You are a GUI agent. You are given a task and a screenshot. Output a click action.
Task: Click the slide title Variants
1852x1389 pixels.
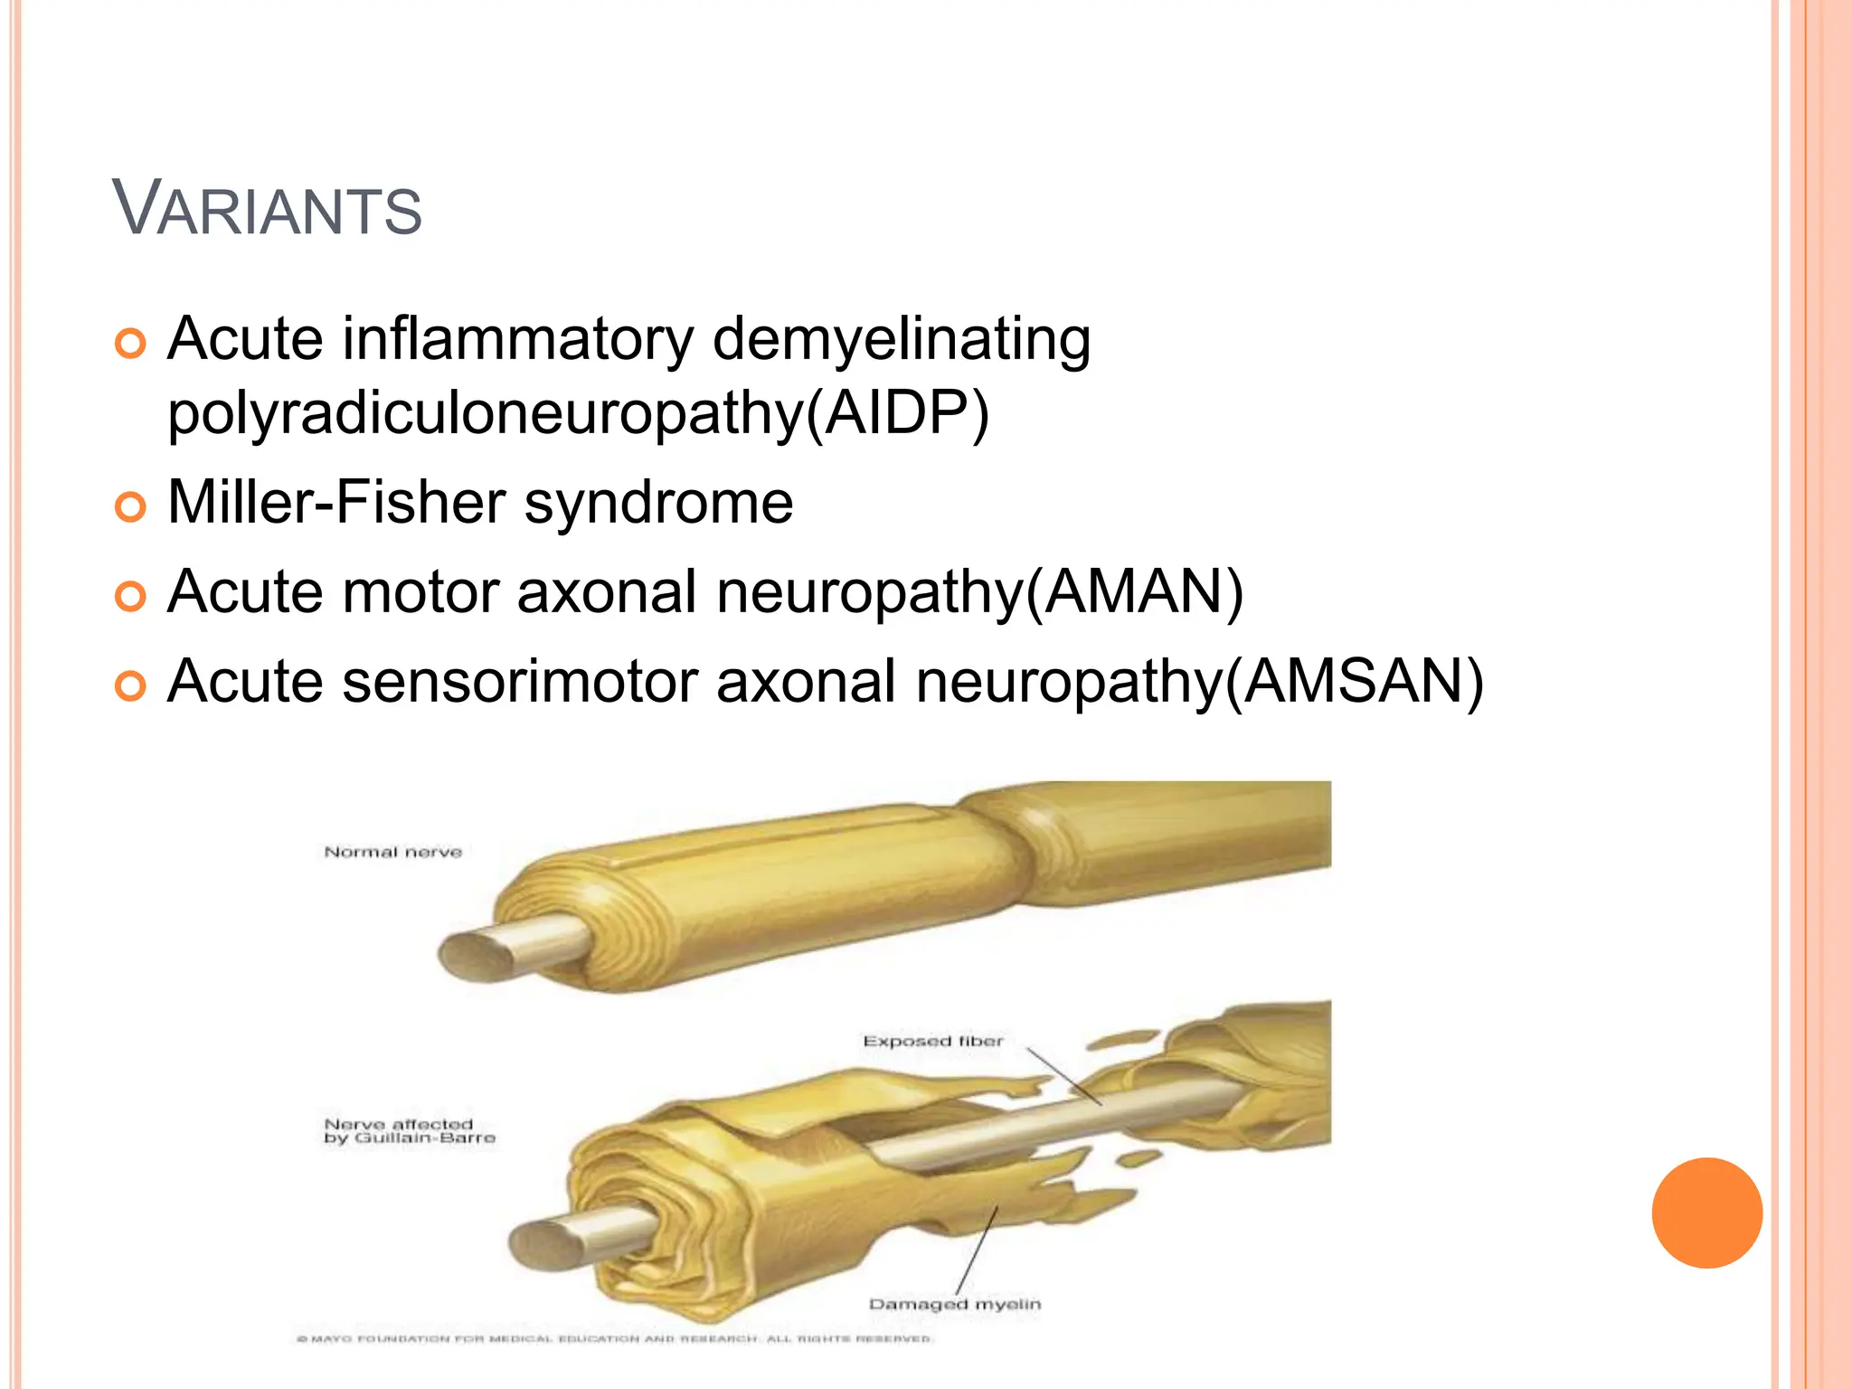click(267, 209)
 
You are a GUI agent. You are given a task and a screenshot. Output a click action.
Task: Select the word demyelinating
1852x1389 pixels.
click(902, 340)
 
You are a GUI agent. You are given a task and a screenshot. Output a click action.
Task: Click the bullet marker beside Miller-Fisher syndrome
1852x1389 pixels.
click(131, 507)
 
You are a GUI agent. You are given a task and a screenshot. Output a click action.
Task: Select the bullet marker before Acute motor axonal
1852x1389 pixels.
click(131, 597)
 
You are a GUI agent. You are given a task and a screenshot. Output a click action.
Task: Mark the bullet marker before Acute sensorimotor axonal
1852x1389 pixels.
click(131, 686)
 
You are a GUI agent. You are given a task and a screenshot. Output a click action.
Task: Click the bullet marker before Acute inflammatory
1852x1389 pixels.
click(131, 345)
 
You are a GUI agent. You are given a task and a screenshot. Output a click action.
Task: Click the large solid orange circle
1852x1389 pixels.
click(1706, 1213)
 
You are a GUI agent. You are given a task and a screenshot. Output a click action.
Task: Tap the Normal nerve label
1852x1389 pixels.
click(392, 852)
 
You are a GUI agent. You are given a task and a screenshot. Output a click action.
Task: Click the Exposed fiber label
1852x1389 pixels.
click(932, 1041)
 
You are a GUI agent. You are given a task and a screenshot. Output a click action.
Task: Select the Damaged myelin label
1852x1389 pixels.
click(954, 1304)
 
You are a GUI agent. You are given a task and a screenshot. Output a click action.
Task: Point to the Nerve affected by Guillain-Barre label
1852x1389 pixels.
click(409, 1130)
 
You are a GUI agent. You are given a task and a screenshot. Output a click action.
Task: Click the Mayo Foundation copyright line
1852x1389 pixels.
click(614, 1338)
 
